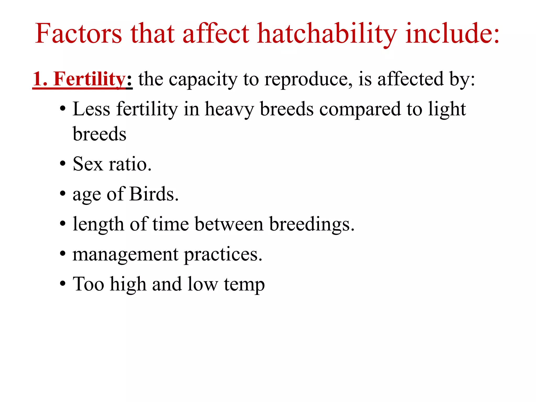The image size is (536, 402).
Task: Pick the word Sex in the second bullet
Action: [88, 164]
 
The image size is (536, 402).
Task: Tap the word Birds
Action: [154, 194]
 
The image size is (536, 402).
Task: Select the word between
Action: [229, 224]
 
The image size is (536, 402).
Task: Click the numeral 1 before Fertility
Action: [37, 79]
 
